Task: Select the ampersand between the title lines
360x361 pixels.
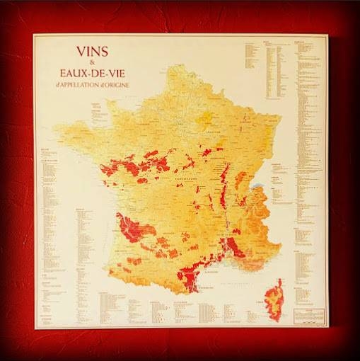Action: pos(91,62)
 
